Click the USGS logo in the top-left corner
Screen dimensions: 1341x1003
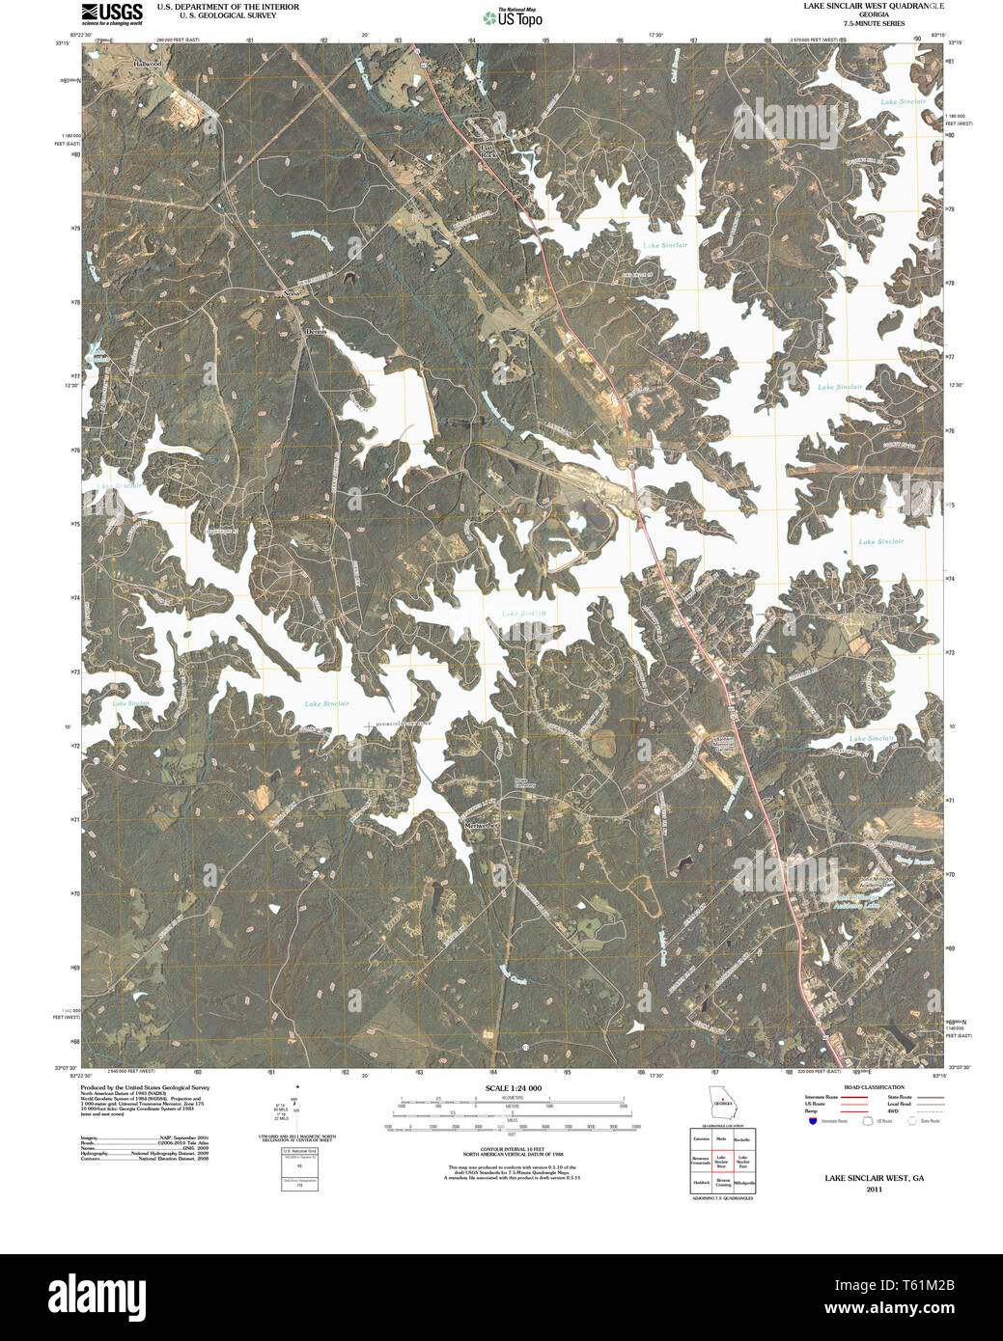111,13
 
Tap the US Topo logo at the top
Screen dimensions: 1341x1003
513,17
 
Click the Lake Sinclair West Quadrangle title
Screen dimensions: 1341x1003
875,6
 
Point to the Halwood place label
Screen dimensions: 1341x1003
148,63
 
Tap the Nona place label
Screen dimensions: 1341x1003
291,292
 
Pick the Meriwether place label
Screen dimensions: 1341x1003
481,826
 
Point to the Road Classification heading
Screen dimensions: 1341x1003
874,1087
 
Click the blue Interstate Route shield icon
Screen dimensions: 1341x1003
813,1121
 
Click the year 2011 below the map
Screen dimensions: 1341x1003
874,1190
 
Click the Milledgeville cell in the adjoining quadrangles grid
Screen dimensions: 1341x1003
743,1182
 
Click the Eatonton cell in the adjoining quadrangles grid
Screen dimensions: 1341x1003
701,1139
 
